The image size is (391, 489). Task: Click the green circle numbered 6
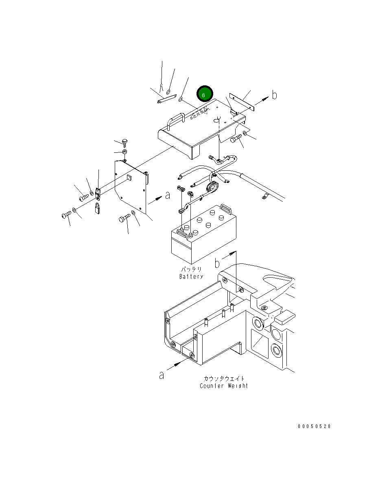point(205,93)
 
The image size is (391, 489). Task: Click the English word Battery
point(191,276)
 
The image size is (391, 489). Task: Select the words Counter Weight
point(224,386)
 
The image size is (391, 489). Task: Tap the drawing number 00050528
point(314,426)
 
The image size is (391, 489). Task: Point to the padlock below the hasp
point(97,208)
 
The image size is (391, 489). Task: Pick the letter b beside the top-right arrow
point(275,95)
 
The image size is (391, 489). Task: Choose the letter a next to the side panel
point(168,195)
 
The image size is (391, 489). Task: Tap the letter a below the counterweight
point(162,375)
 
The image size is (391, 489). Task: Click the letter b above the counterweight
point(217,263)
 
